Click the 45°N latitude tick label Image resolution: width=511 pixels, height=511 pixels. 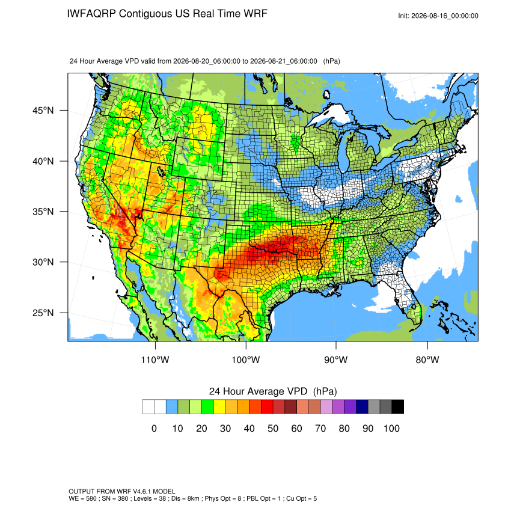point(43,111)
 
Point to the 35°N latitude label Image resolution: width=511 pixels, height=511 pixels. point(43,212)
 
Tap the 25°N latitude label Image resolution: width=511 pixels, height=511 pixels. point(43,313)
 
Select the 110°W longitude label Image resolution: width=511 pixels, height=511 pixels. point(155,360)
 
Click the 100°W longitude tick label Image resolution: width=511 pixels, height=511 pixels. point(246,360)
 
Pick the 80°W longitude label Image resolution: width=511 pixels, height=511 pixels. point(427,360)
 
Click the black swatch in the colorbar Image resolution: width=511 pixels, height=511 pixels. point(398,407)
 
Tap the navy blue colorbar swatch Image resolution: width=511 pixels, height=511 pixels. point(362,407)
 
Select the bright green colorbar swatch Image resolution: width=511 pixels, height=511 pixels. point(207,407)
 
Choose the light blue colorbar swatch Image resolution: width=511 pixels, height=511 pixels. point(172,407)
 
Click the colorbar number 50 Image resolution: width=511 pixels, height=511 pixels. point(273,429)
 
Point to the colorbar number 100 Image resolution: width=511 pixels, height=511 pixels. point(392,429)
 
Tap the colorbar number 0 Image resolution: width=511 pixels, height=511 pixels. point(154,429)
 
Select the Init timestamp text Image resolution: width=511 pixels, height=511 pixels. point(438,16)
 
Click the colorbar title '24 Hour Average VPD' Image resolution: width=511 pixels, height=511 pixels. point(258,391)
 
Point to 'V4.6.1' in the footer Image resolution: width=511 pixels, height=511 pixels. point(141,491)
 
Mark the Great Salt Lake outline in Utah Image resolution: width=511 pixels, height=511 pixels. point(161,171)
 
